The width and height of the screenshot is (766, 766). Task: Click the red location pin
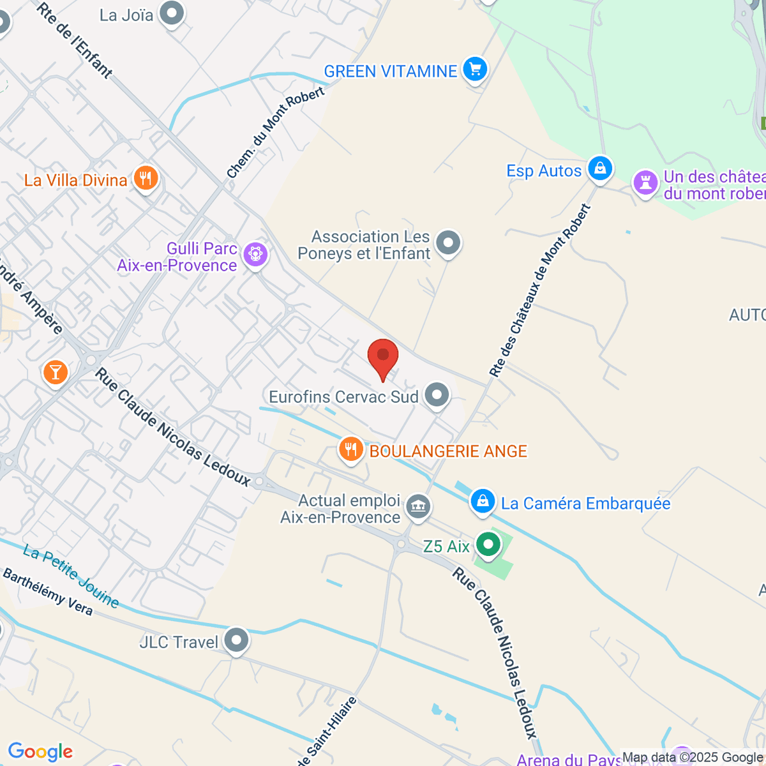tap(383, 358)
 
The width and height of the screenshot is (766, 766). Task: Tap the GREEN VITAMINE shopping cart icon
tap(474, 70)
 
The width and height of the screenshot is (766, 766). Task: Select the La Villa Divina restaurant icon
tap(146, 179)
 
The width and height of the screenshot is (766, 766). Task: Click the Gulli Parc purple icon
tap(255, 255)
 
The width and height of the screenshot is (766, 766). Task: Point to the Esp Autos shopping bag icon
tap(599, 169)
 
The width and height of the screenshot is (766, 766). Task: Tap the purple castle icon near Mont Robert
tap(645, 183)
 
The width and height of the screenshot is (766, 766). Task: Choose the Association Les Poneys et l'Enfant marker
tap(448, 243)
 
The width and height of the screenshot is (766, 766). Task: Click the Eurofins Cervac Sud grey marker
tap(437, 395)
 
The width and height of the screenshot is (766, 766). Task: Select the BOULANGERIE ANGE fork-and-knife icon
tap(350, 449)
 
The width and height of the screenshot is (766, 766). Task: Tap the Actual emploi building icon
tap(419, 507)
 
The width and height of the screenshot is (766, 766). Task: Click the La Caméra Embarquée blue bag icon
tap(483, 502)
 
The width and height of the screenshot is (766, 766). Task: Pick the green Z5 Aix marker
tap(489, 545)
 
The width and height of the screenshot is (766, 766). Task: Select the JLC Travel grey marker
tap(237, 640)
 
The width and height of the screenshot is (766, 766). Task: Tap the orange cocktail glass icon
tap(55, 372)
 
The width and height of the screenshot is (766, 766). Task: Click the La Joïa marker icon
tap(172, 13)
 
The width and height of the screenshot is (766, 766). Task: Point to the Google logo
tap(40, 752)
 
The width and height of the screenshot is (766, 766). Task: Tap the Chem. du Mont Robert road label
tap(275, 132)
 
